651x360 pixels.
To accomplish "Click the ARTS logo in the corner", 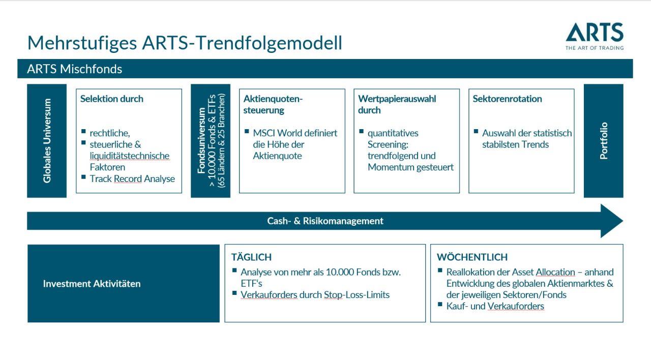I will click(594, 36).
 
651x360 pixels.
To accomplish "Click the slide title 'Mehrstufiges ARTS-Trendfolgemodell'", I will click(185, 43).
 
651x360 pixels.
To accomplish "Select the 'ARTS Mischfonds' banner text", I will click(75, 69).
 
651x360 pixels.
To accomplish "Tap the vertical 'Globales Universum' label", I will click(47, 141).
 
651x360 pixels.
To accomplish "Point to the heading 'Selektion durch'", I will click(112, 99).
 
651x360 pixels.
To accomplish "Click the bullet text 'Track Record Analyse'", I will click(132, 178).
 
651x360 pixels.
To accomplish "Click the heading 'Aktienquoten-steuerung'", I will click(273, 104).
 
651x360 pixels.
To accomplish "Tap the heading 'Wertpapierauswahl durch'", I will click(397, 104).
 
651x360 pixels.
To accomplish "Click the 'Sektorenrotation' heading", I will click(507, 99).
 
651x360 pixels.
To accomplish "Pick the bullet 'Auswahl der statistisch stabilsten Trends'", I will click(527, 139).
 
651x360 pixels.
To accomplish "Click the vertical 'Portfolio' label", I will click(604, 141).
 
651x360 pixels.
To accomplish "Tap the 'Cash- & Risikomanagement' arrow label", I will click(325, 221).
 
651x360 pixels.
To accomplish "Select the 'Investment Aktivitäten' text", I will click(92, 284).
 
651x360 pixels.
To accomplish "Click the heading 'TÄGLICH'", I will click(251, 257).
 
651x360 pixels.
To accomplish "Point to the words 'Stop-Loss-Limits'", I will click(357, 294).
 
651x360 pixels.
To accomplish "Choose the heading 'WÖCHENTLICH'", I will click(472, 257).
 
